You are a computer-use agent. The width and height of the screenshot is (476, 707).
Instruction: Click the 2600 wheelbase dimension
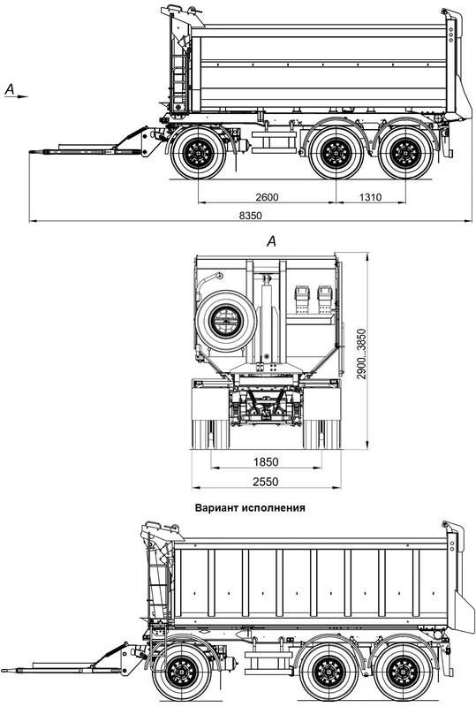coord(267,197)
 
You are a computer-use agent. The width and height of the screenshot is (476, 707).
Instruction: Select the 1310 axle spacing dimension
coord(371,197)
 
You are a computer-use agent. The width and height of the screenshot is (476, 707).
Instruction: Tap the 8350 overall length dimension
coord(250,216)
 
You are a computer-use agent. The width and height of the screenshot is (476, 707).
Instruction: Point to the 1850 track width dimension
coord(266,461)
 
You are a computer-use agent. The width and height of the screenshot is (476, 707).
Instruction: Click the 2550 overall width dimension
coord(266,482)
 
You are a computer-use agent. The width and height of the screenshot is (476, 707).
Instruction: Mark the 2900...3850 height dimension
coord(362,354)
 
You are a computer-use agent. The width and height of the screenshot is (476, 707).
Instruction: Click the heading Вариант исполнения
coord(250,507)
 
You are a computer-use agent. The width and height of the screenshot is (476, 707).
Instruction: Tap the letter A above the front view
coord(271,241)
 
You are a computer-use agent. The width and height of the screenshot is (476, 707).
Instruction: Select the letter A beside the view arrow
coord(10,89)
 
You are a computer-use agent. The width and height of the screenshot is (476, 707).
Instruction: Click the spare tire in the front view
coord(226,321)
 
